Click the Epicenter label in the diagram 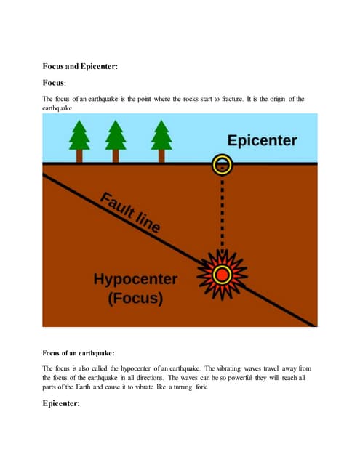[x=262, y=141]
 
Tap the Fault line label [x=130, y=212]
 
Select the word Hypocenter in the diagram [x=135, y=280]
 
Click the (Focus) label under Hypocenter [x=135, y=298]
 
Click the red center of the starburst [x=222, y=275]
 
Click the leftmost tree [x=79, y=141]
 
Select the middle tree [x=116, y=141]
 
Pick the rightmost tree [x=161, y=141]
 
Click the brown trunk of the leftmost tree [x=79, y=156]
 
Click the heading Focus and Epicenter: [x=80, y=66]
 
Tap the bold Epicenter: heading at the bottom [x=61, y=403]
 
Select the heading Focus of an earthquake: [x=79, y=353]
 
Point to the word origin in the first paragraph [x=278, y=100]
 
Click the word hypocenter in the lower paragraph [x=135, y=369]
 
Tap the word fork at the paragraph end [x=201, y=387]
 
